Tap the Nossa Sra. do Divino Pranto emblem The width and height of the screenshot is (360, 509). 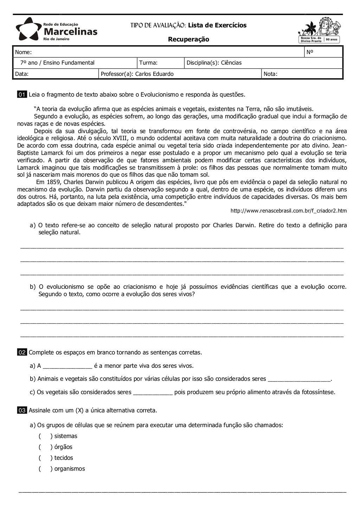pos(319,31)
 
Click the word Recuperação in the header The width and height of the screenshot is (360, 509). pos(188,39)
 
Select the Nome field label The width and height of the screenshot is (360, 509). pos(23,52)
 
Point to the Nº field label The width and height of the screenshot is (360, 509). pos(310,52)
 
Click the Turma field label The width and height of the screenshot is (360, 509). pos(148,63)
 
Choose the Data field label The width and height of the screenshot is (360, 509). pos(21,74)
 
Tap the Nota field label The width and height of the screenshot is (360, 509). pos(270,74)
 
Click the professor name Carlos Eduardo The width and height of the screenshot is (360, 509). pos(154,74)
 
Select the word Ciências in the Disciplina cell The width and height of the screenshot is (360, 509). pos(231,63)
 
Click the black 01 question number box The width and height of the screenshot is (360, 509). pos(22,94)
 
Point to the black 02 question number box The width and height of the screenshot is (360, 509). pos(22,352)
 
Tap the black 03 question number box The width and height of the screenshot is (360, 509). pos(22,410)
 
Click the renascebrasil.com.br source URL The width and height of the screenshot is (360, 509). pos(288,211)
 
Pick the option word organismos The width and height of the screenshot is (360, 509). pos(70,469)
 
